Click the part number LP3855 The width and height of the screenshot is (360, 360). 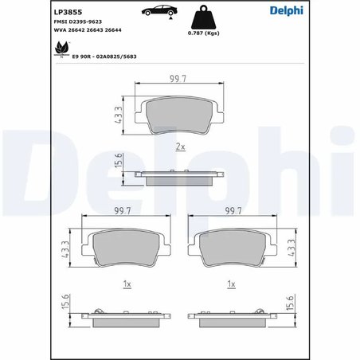click(x=67, y=13)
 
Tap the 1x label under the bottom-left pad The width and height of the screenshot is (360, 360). click(x=127, y=283)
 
